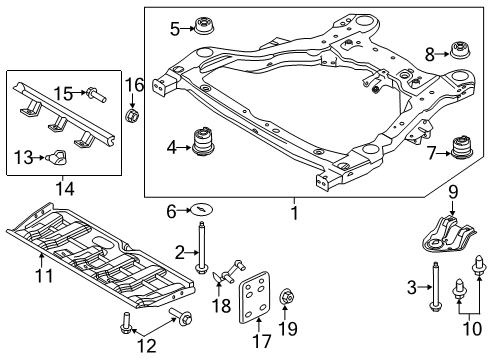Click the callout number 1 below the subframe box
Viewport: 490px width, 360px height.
click(x=294, y=213)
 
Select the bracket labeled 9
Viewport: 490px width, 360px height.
click(x=446, y=243)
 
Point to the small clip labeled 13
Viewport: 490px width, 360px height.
click(x=59, y=156)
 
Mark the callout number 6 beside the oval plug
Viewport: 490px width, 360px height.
click(x=171, y=210)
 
